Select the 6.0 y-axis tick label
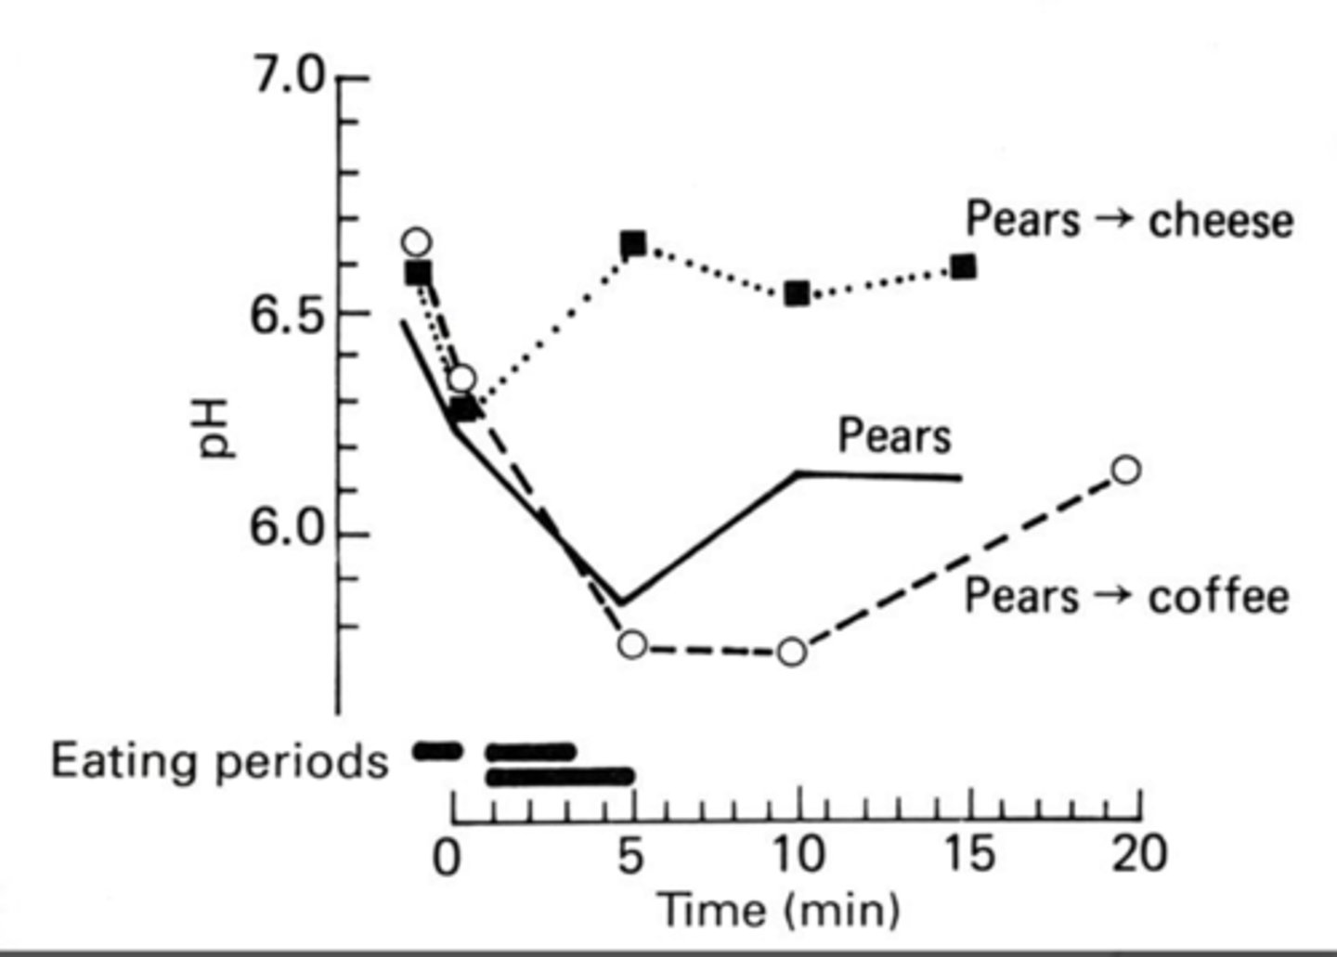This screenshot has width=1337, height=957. (288, 534)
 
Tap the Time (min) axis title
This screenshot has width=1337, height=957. (778, 910)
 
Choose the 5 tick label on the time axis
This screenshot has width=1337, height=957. (630, 856)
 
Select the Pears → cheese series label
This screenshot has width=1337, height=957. (1128, 221)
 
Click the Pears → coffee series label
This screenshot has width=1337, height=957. (1125, 596)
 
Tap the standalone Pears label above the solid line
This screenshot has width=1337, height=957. (894, 435)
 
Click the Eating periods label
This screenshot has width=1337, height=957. (219, 762)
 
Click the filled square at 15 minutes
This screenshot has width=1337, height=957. (964, 267)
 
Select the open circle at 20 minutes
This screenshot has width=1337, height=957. (1125, 470)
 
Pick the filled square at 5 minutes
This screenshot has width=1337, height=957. (633, 244)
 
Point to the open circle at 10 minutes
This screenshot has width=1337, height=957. (791, 652)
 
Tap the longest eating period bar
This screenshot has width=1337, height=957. (560, 776)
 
